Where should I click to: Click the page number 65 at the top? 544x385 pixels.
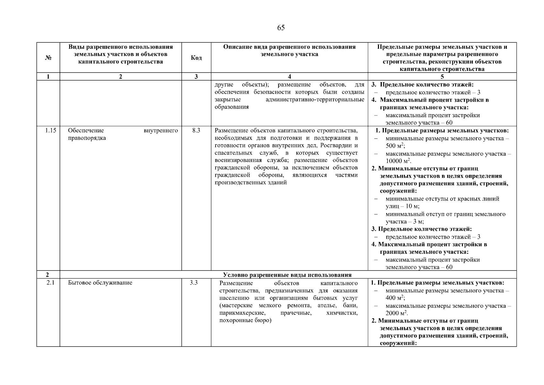pos(280,28)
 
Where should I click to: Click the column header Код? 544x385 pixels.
pos(196,58)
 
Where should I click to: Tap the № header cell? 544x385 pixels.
pos(48,58)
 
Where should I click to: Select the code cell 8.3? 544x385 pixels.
pos(196,131)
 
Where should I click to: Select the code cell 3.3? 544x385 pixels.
pos(194,283)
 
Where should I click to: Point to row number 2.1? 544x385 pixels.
pos(49,283)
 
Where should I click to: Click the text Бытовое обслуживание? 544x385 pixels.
pos(100,283)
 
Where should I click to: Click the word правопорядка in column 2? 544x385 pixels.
pos(87,138)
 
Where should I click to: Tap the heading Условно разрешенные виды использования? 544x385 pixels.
pos(287,275)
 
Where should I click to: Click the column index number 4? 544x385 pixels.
pos(289,77)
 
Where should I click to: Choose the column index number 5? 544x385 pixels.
pos(442,77)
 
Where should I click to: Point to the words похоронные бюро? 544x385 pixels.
pos(245,321)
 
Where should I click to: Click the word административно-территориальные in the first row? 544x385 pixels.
pos(315,100)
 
